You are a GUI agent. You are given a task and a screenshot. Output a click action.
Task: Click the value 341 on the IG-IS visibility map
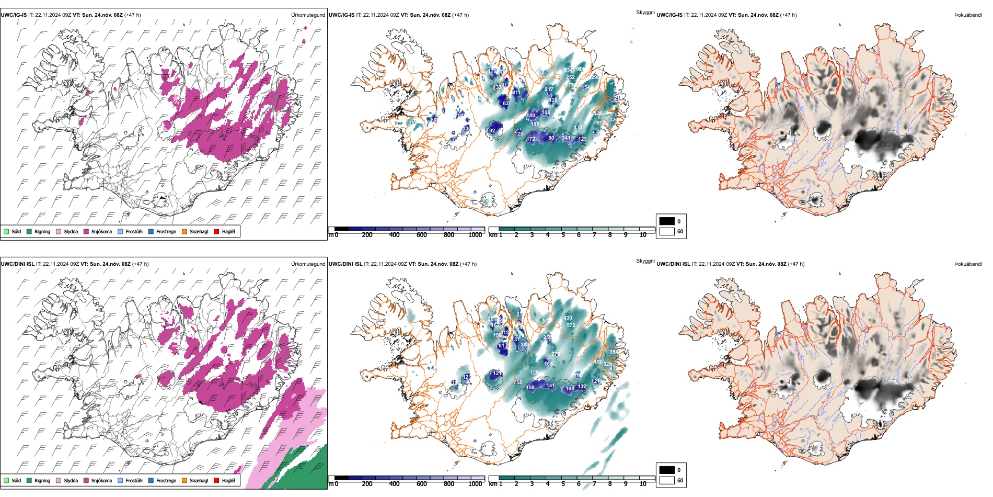(x=566, y=139)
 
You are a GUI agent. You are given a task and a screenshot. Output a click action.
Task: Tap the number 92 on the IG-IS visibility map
(x=492, y=131)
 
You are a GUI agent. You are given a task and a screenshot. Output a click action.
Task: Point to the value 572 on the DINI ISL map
(x=571, y=325)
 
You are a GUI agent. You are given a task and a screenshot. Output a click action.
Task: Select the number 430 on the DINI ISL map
(x=568, y=318)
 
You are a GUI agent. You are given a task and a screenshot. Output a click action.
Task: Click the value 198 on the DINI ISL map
(x=570, y=389)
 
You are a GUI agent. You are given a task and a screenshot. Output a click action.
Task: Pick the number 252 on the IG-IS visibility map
(x=570, y=77)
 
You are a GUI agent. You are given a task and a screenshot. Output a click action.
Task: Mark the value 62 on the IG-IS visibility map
(x=505, y=104)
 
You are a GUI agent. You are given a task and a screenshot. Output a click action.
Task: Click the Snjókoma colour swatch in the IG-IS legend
(x=86, y=232)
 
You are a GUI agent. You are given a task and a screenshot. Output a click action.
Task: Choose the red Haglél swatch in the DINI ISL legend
(x=216, y=481)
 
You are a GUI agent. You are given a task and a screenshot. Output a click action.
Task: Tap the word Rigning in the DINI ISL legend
(x=42, y=481)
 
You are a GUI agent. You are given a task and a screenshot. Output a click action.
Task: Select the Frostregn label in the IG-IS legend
(x=166, y=232)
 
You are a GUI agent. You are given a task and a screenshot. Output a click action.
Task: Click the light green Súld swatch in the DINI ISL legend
(x=6, y=481)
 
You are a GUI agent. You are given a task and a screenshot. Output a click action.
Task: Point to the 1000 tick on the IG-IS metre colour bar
(x=475, y=235)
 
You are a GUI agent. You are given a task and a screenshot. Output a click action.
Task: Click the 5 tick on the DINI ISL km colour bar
(x=563, y=484)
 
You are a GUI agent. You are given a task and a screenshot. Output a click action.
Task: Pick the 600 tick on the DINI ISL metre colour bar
(x=421, y=484)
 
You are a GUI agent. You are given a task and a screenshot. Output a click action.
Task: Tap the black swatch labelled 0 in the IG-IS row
(x=667, y=221)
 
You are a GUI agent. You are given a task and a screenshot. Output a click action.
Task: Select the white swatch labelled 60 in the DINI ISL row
(x=667, y=480)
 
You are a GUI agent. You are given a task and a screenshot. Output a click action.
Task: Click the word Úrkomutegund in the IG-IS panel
(x=308, y=15)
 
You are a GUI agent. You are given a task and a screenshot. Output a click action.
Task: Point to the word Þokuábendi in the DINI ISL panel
(x=968, y=264)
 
